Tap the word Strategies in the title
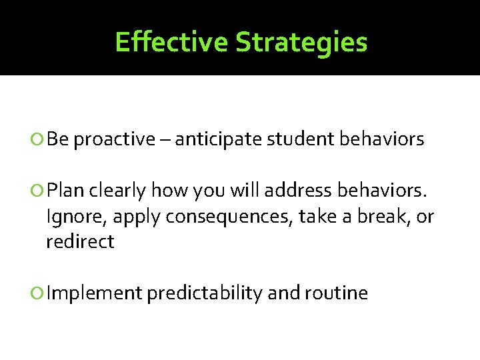tap(301, 41)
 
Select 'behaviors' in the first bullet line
tap(381, 139)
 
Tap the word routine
tap(337, 293)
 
